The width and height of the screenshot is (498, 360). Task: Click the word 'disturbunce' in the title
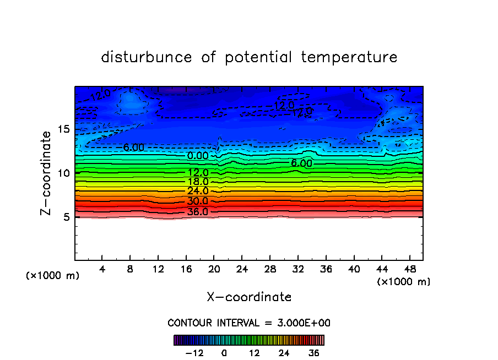[x=147, y=57]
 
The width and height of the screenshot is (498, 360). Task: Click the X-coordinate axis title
[x=249, y=297]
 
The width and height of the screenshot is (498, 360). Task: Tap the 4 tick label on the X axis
[x=102, y=269]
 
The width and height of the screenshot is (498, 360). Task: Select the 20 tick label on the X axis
[x=214, y=269]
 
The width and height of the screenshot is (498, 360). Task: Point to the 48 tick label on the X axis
[x=409, y=269]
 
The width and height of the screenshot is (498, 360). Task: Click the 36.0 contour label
[x=198, y=212]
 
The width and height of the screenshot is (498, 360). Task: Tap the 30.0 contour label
[x=198, y=201]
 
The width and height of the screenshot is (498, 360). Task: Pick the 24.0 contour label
[x=198, y=191]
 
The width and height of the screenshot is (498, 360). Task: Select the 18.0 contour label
[x=198, y=182]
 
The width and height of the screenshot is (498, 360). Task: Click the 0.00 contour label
[x=198, y=156]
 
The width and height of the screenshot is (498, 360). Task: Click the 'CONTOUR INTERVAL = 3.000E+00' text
[x=249, y=323]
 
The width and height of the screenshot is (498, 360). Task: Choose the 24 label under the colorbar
[x=284, y=352]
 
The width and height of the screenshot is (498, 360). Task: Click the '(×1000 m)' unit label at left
[x=53, y=276]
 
